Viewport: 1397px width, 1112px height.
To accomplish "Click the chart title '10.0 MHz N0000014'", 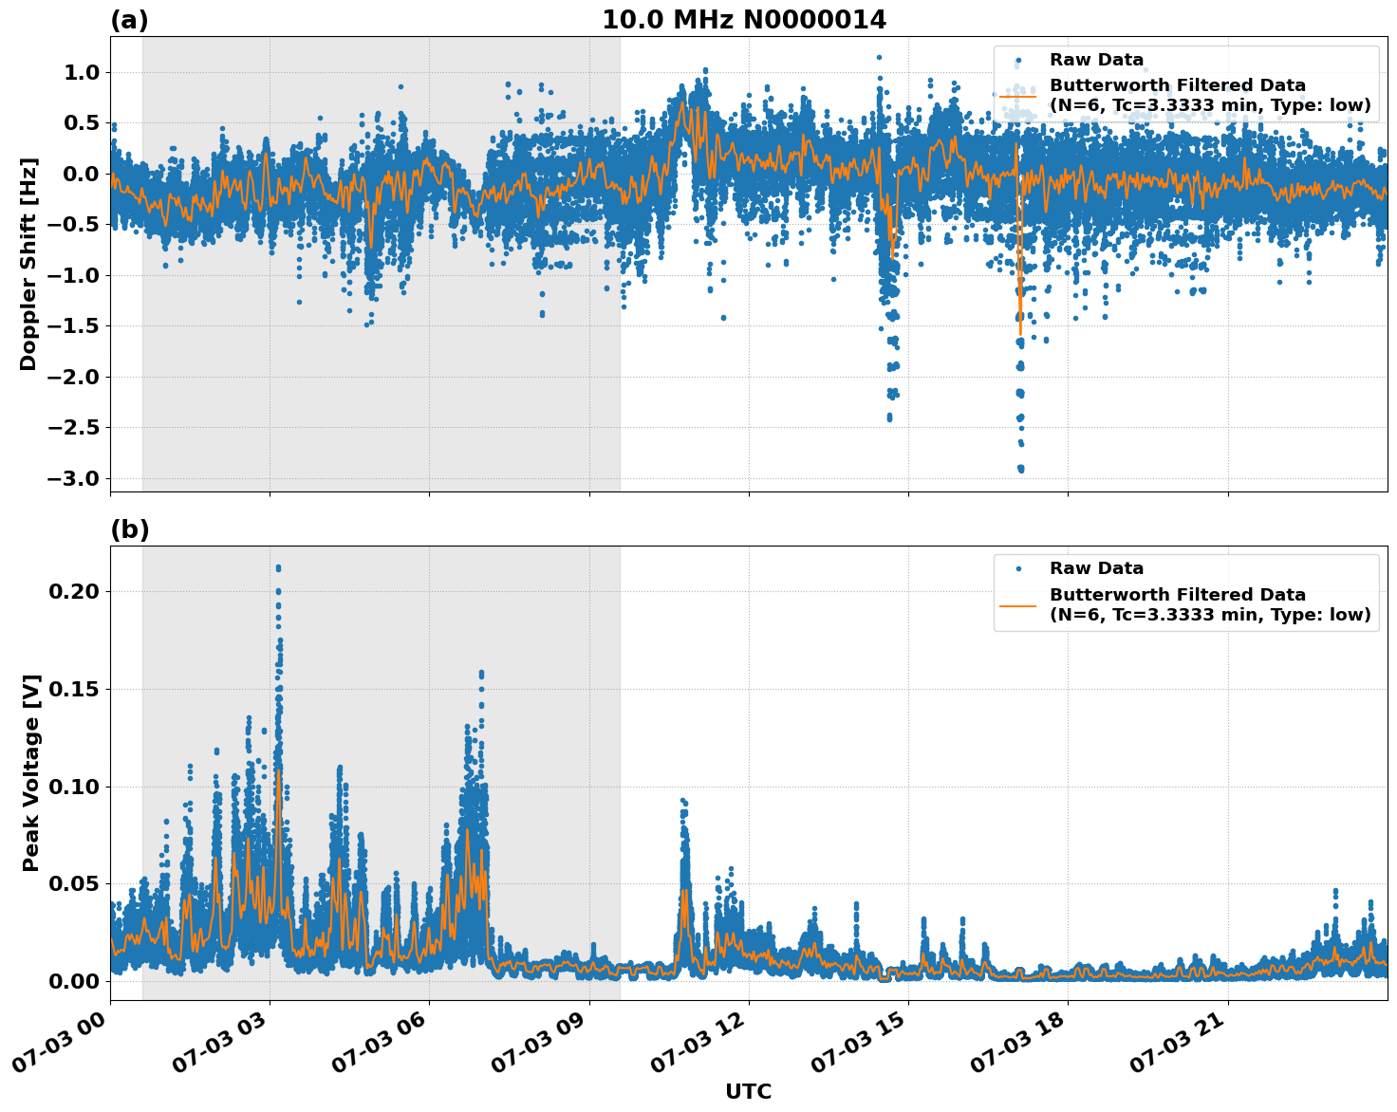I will (x=744, y=20).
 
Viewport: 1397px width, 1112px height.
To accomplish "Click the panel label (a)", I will (x=129, y=20).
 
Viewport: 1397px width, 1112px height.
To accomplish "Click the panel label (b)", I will (x=129, y=529).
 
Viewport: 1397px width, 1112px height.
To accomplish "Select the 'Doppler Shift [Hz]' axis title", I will (x=28, y=264).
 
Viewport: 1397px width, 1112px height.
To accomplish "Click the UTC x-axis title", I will (x=748, y=1091).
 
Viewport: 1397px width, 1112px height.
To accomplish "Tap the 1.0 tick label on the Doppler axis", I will (x=84, y=72).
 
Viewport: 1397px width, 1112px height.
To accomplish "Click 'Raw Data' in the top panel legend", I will (x=1096, y=61).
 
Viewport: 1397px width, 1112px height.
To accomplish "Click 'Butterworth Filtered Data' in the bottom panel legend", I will (x=1177, y=595).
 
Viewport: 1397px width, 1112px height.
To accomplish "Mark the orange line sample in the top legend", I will (x=1017, y=96).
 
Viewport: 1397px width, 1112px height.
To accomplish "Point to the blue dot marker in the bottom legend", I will (x=1017, y=569).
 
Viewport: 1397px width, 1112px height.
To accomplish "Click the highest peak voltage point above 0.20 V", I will (x=278, y=567).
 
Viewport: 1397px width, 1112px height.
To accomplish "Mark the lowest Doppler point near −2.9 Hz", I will (x=1020, y=469).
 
